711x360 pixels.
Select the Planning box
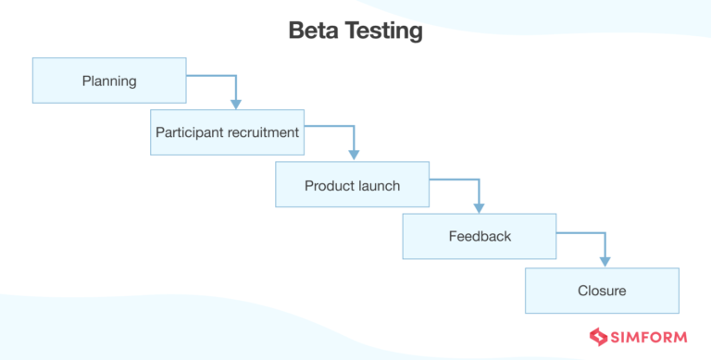(109, 81)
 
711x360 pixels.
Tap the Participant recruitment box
(227, 132)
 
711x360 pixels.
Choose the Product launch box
(352, 185)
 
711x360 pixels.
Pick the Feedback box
(479, 236)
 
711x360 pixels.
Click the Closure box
(602, 291)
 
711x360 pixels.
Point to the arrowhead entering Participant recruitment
(236, 104)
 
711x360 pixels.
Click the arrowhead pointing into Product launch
(354, 155)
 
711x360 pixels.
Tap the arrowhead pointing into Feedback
(480, 207)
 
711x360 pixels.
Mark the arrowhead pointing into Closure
(605, 261)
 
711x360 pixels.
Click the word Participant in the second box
(191, 132)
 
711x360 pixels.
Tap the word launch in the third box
(380, 185)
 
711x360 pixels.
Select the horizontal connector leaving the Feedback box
(580, 232)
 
